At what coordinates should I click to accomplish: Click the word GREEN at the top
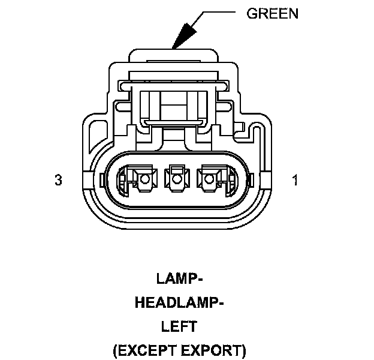coord(272,13)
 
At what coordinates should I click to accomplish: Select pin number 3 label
coord(58,180)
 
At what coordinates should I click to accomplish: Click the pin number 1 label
coord(294,180)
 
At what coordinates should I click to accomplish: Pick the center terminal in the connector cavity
coord(176,179)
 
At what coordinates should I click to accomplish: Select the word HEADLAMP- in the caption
coord(179,302)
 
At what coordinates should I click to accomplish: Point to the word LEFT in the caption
coord(179,326)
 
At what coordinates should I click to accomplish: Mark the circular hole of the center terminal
coord(176,178)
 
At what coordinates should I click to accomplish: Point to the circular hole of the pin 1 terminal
coord(209,178)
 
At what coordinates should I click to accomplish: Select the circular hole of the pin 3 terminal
coord(143,178)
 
